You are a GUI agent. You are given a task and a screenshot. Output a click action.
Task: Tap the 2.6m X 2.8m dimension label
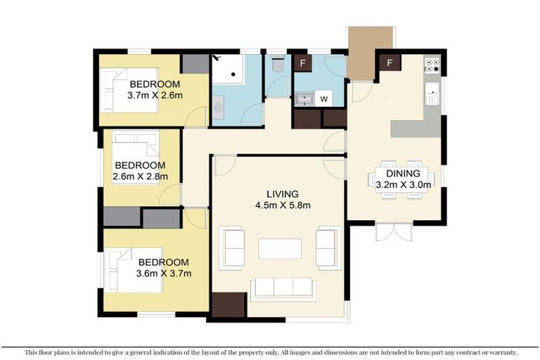tap(140, 176)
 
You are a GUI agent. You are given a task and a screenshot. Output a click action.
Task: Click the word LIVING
tap(282, 194)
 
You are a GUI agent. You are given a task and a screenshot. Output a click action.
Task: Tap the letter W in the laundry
tap(324, 99)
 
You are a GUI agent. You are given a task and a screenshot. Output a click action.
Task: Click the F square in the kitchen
tap(389, 63)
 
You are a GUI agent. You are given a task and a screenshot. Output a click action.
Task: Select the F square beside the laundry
tap(303, 63)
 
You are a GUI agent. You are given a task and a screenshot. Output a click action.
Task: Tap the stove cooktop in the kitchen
tap(432, 65)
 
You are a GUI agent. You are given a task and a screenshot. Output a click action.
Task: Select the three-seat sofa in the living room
tap(283, 287)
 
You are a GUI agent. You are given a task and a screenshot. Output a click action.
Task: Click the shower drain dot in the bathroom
tap(232, 72)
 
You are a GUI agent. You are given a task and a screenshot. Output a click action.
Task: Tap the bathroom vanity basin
tap(218, 108)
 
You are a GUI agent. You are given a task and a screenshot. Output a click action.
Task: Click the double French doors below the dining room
tap(392, 231)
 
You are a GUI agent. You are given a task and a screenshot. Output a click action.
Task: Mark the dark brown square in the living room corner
tap(228, 305)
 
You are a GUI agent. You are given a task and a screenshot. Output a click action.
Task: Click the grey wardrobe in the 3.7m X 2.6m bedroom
tap(195, 64)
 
